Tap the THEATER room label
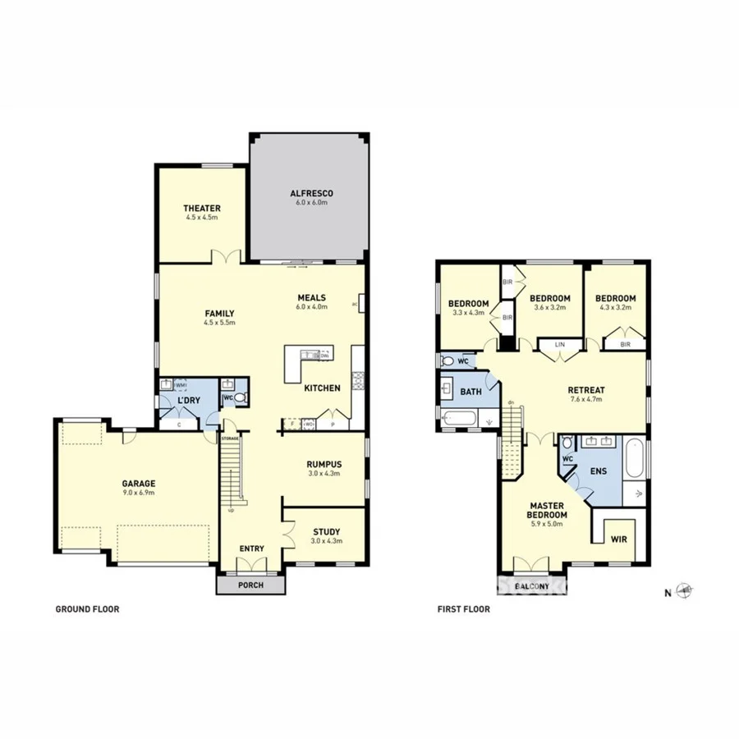point(201,209)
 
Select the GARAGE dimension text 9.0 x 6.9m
point(140,493)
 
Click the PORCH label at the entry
point(250,585)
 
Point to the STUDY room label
point(326,532)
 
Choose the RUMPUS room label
point(324,465)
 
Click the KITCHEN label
point(322,388)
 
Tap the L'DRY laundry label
point(190,400)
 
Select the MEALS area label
point(311,297)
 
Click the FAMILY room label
point(219,313)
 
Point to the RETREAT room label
point(586,390)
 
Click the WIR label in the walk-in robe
point(619,539)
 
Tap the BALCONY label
point(531,586)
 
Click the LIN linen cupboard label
point(561,345)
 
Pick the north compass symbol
point(686,590)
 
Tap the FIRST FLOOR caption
point(465,609)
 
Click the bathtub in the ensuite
point(636,460)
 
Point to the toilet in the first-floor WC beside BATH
point(448,360)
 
